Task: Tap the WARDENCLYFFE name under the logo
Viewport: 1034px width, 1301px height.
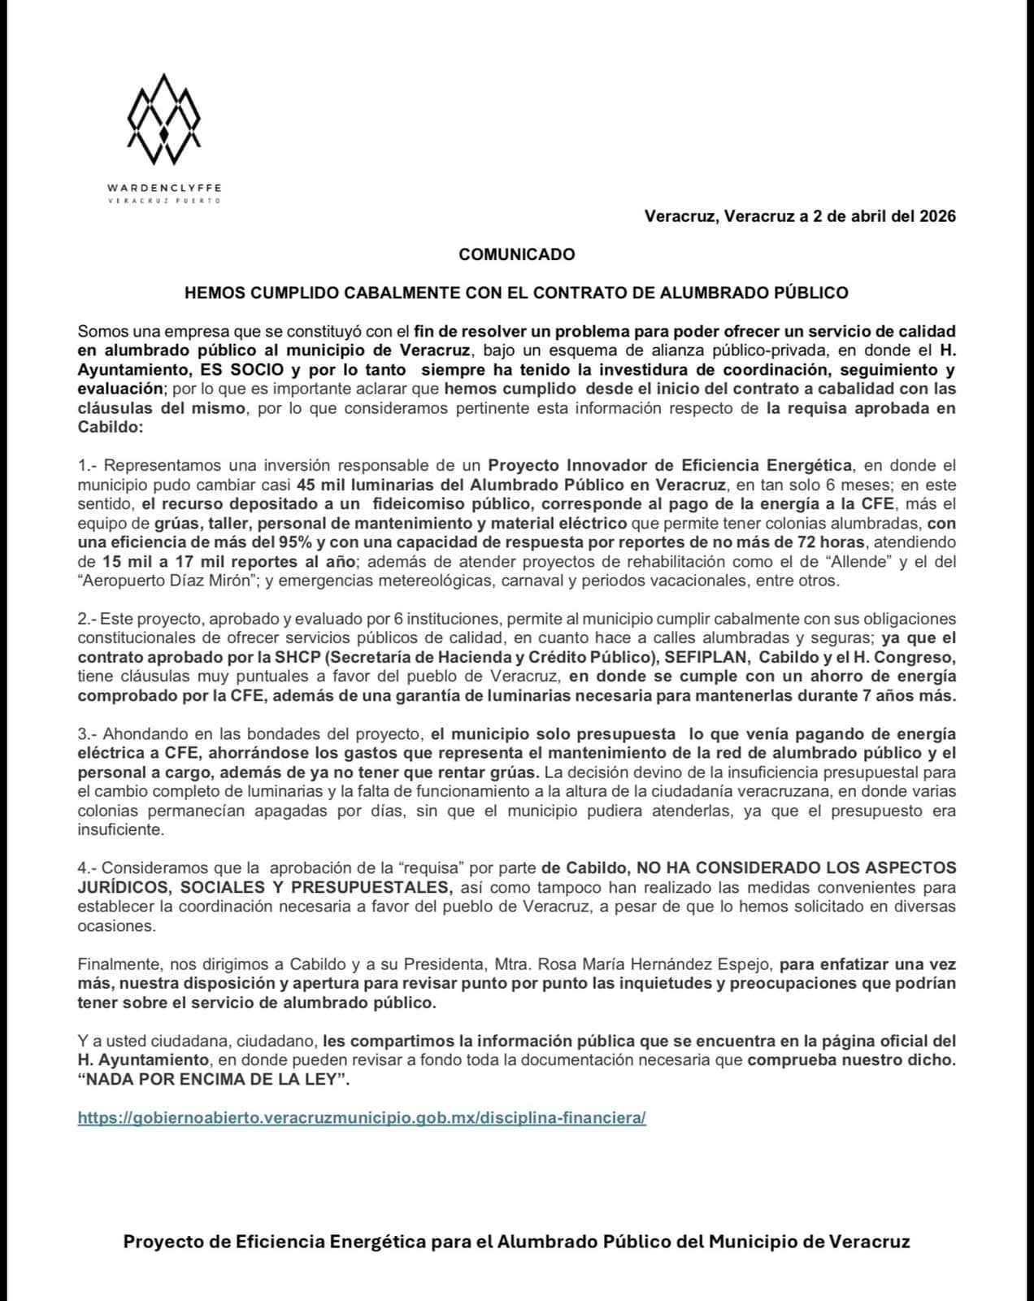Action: pyautogui.click(x=164, y=187)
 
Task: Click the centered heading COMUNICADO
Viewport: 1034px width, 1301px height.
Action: pyautogui.click(x=516, y=255)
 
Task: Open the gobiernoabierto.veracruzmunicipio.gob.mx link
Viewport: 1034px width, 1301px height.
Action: pyautogui.click(x=362, y=1118)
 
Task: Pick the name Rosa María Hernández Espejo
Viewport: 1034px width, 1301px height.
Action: pyautogui.click(x=632, y=964)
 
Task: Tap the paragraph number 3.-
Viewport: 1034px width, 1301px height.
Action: pyautogui.click(x=87, y=733)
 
